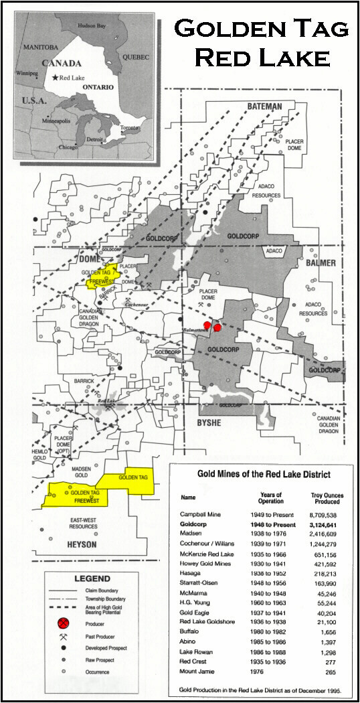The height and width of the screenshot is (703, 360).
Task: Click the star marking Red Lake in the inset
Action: [55, 78]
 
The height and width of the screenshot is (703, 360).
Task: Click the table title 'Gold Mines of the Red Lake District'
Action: [254, 474]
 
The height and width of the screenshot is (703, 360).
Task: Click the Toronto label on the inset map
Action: [130, 127]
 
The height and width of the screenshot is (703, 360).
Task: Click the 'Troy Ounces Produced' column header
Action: [327, 498]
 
